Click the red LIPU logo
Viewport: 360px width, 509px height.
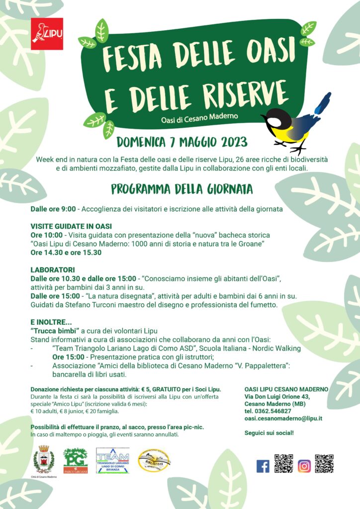(x=47, y=34)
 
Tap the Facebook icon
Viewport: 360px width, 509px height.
(x=263, y=466)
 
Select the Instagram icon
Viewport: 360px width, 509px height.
(x=304, y=466)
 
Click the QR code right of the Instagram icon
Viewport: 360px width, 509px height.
(x=324, y=463)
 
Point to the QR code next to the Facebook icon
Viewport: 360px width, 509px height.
(x=283, y=463)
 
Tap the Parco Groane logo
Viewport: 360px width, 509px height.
(x=75, y=461)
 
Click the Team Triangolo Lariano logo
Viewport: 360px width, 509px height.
(x=113, y=460)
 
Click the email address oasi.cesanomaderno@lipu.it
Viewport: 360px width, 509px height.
(x=283, y=419)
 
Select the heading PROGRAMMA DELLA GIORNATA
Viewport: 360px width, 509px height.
(x=181, y=189)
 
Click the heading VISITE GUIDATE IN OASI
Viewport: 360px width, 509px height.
(x=71, y=226)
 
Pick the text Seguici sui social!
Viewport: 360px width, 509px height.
(x=269, y=433)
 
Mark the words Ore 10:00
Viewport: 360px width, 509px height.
(x=46, y=235)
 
